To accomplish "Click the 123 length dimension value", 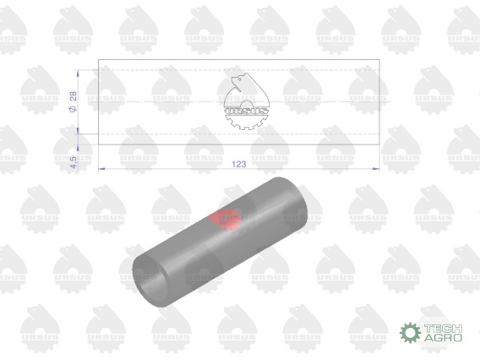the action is [239, 164].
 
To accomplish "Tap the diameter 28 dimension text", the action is [74, 101].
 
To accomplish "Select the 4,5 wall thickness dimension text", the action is [74, 162].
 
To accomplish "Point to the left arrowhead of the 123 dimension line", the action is [101, 168].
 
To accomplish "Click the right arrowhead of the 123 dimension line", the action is [376, 168].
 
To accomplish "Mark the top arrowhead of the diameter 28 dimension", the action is [78, 74].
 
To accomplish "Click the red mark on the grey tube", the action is [225, 219].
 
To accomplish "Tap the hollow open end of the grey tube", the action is [150, 281].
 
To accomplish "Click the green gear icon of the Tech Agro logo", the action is [410, 332].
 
